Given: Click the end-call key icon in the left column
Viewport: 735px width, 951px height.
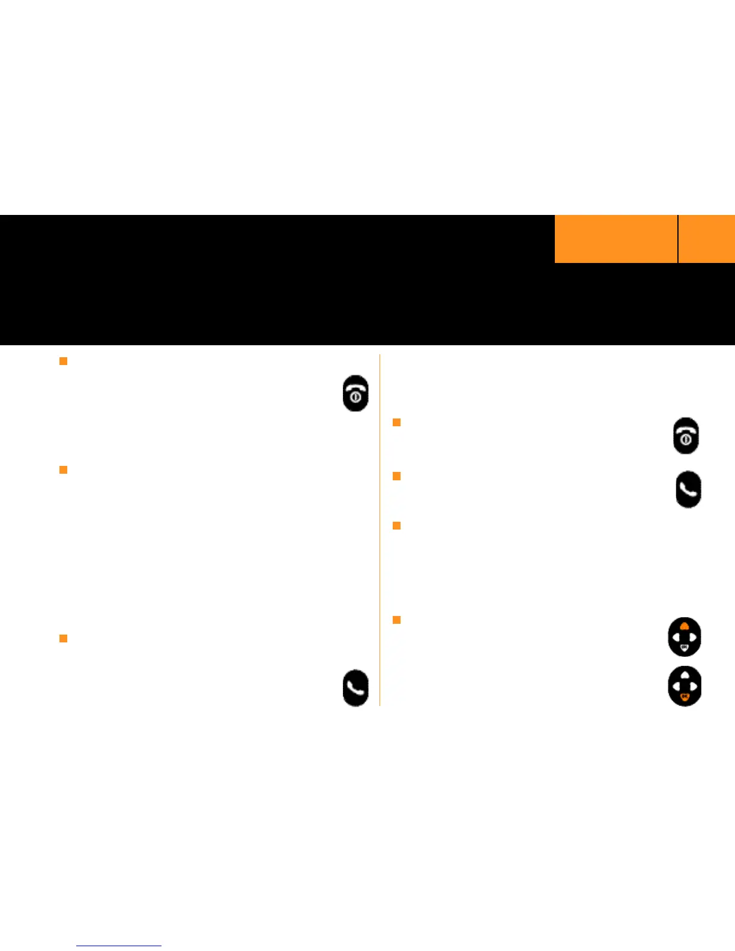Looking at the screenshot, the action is click(x=355, y=393).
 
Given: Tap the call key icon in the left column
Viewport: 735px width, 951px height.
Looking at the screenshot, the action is click(x=355, y=687).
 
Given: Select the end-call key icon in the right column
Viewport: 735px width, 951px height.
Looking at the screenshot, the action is click(x=686, y=435).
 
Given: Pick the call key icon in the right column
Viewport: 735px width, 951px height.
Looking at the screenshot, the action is click(x=688, y=489).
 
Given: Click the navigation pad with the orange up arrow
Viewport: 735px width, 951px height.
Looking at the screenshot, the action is click(x=685, y=637).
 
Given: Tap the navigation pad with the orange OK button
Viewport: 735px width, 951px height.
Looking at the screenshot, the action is click(x=685, y=686).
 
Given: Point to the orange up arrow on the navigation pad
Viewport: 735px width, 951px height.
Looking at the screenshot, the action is click(x=685, y=626).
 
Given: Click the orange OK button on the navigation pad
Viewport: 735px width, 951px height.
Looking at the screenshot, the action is click(x=685, y=696).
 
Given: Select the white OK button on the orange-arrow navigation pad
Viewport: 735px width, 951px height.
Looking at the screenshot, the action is click(x=685, y=648).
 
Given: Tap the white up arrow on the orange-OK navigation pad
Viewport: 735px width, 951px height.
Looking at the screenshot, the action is click(x=685, y=675).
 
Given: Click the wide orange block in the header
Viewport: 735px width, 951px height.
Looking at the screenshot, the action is click(x=616, y=239).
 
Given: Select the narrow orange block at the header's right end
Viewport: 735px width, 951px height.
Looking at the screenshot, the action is click(x=707, y=239).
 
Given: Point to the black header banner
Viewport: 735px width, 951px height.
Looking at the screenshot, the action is click(x=276, y=280).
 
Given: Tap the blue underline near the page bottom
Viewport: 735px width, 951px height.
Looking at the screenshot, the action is click(x=119, y=946).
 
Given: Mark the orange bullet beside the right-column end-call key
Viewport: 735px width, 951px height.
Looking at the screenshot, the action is click(x=396, y=422).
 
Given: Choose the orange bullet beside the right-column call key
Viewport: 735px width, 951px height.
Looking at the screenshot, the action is click(x=396, y=476).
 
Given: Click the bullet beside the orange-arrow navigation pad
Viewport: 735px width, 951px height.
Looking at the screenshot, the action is click(x=396, y=620).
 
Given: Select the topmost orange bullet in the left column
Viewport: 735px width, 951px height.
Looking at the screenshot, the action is click(x=63, y=361).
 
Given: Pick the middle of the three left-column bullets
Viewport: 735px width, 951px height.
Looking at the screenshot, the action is click(x=63, y=469).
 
